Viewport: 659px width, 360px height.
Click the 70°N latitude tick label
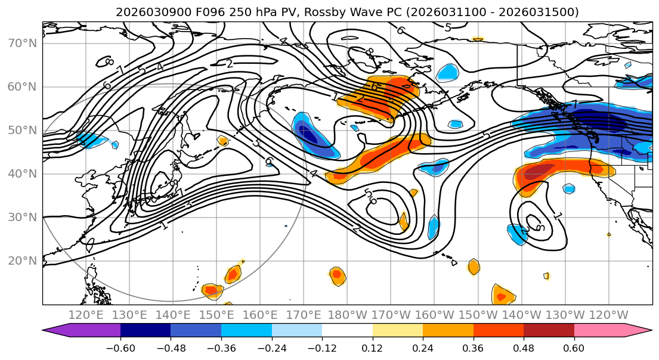click(22, 44)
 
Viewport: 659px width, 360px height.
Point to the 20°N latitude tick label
click(22, 261)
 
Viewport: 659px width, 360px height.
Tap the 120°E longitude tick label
click(86, 315)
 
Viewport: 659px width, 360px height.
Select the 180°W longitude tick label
click(348, 315)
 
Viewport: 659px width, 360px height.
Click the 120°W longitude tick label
click(609, 315)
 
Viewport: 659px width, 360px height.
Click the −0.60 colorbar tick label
click(120, 347)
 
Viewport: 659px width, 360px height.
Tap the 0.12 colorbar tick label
click(373, 347)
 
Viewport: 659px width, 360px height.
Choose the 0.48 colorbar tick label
click(524, 347)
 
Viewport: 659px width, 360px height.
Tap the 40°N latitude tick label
click(22, 174)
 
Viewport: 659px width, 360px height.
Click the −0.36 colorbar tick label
click(221, 347)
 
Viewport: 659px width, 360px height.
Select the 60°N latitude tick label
click(22, 87)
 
